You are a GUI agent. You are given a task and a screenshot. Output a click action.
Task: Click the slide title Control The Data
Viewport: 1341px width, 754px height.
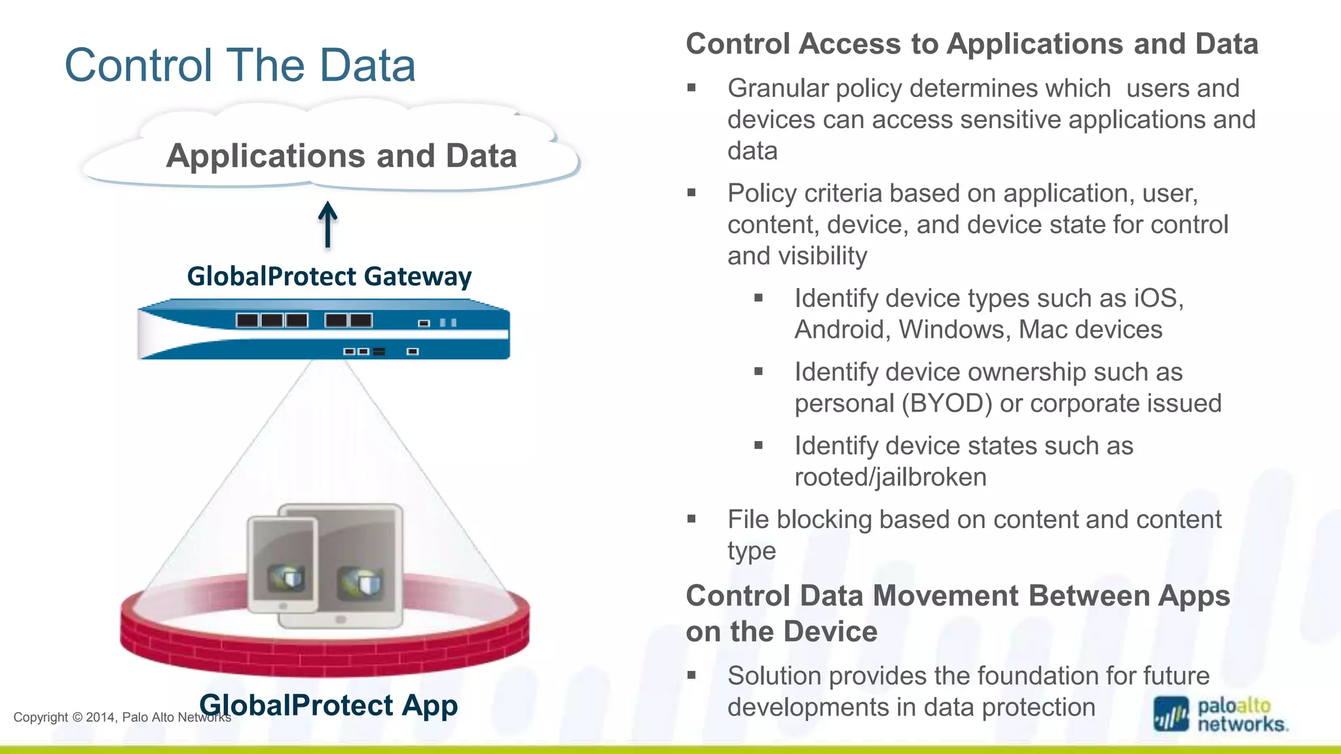(240, 65)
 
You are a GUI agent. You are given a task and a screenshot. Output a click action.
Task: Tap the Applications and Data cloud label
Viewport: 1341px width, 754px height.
(341, 156)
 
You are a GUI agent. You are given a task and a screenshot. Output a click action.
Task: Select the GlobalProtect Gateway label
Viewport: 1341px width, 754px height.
(329, 276)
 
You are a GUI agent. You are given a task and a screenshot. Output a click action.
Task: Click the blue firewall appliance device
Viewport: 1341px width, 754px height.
(323, 329)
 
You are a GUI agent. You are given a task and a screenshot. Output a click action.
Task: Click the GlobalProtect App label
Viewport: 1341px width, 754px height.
(329, 705)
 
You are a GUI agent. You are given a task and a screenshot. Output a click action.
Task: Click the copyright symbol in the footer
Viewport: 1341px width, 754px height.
(77, 717)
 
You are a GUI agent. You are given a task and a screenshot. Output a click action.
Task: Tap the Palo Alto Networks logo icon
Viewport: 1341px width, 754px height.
(1171, 714)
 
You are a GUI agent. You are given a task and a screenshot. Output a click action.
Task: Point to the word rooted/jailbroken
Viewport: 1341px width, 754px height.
(890, 477)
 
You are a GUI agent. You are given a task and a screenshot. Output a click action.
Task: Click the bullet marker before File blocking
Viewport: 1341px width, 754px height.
(691, 520)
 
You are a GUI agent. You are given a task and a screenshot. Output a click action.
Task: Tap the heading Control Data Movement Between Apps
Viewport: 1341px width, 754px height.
(957, 596)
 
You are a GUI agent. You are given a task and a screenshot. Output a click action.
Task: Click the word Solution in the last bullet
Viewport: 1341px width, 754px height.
(774, 676)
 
